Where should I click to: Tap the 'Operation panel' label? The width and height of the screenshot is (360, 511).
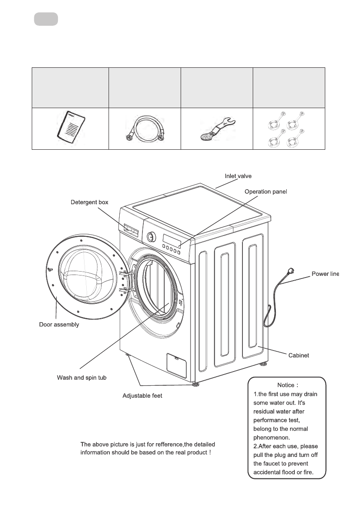pyautogui.click(x=265, y=191)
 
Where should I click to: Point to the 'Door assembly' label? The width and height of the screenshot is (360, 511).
pyautogui.click(x=59, y=325)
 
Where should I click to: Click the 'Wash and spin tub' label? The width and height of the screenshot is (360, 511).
pyautogui.click(x=82, y=378)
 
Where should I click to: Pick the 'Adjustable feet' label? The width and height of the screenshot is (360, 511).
pyautogui.click(x=142, y=396)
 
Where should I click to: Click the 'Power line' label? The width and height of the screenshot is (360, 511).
pyautogui.click(x=325, y=274)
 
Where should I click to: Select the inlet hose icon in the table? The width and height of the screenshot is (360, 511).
pyautogui.click(x=145, y=128)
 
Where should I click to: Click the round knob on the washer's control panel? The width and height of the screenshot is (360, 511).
pyautogui.click(x=151, y=236)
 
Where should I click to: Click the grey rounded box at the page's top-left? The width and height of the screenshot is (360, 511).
pyautogui.click(x=46, y=19)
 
